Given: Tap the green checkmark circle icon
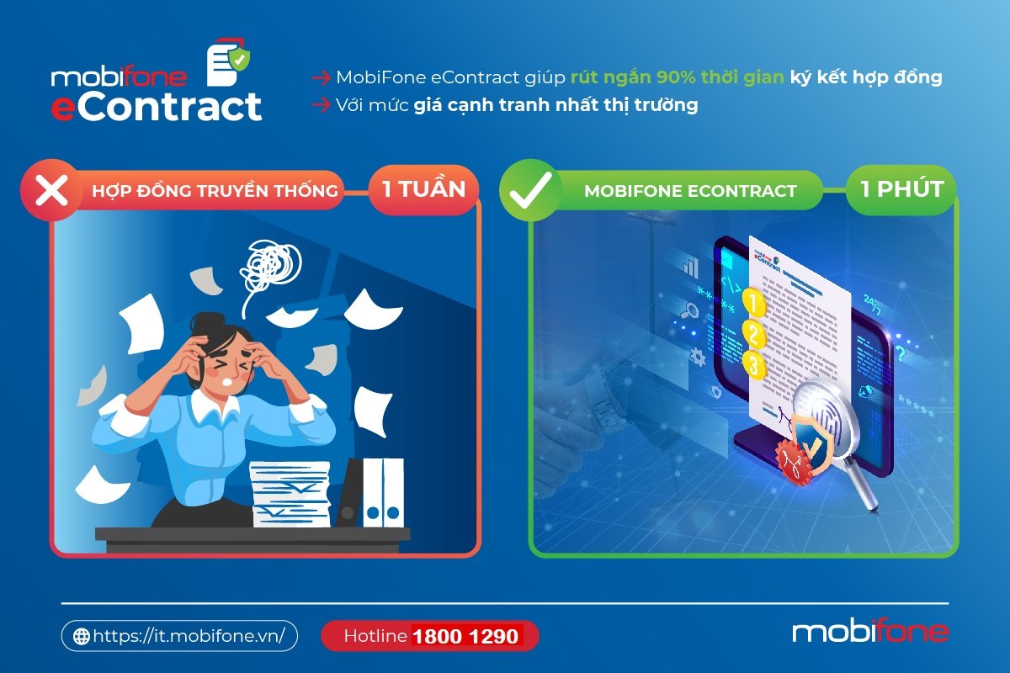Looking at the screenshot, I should coord(531,190).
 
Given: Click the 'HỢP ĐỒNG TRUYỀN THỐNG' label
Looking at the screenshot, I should coord(215,191).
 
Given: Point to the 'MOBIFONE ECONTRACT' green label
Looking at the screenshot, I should coord(690,191).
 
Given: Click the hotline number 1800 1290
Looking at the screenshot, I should coord(465,637).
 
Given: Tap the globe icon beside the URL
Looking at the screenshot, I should coord(82,637).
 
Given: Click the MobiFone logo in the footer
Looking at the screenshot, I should coord(869,632).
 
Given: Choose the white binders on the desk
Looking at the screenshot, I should coord(383,493).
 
